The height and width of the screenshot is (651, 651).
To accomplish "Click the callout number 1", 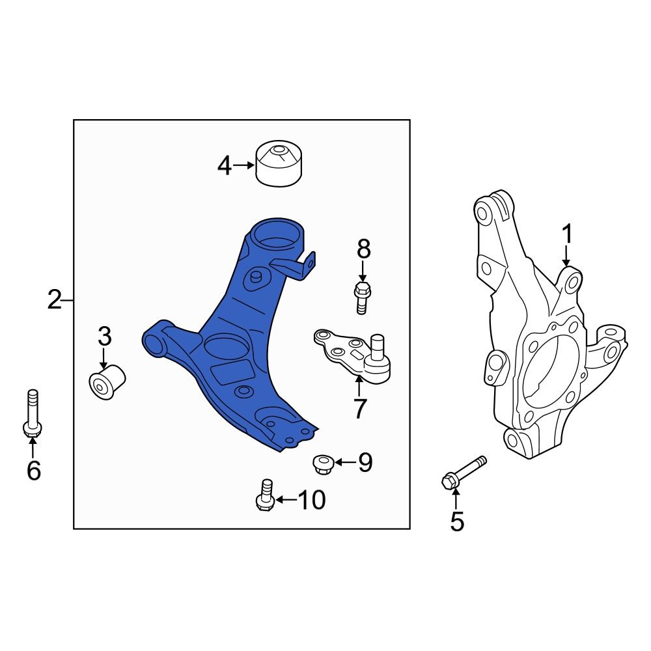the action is coord(567,234).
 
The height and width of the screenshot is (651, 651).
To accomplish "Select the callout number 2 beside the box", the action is coord(55,299).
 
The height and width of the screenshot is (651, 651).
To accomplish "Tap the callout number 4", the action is coord(224,165).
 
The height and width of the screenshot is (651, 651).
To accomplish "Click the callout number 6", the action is coord(34,470).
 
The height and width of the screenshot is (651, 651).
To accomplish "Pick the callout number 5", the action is coord(457,521).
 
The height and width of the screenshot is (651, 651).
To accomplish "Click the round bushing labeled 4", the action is coord(279,163).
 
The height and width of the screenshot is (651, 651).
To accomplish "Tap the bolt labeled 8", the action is coord(362,298).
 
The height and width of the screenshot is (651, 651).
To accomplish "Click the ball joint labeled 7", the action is coord(353,355).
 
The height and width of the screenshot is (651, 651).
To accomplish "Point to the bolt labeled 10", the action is coord(265,495).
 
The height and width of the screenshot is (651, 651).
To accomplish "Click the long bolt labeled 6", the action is coord(32,413).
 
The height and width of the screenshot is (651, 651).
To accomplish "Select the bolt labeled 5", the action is coord(464,473).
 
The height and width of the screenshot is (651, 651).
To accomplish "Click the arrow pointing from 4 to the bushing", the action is coord(243,165).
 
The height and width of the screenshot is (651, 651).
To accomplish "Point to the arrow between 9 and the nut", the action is coord(345,462).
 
